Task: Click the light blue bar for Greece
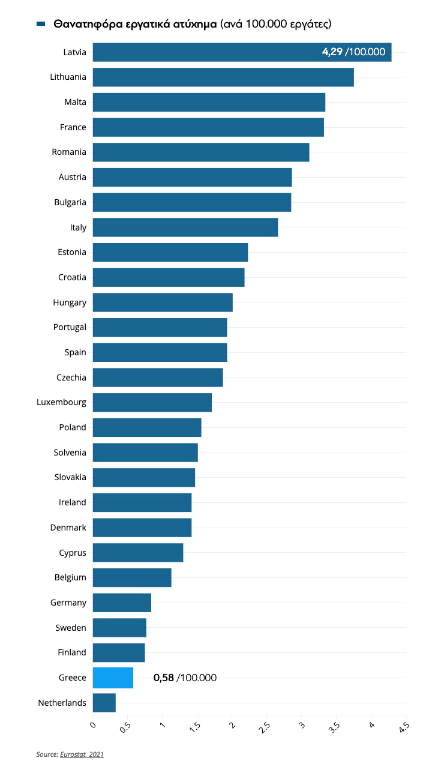click(x=113, y=678)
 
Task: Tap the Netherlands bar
click(x=104, y=703)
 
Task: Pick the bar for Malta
click(x=209, y=102)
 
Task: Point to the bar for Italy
click(x=185, y=227)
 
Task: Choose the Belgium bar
click(x=132, y=577)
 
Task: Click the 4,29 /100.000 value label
click(x=353, y=52)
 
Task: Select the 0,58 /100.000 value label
click(x=185, y=678)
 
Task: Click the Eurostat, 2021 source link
click(x=82, y=754)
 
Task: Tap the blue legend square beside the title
click(x=41, y=24)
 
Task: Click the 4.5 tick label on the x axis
click(x=404, y=728)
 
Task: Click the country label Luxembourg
click(x=61, y=402)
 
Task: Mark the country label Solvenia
click(x=70, y=453)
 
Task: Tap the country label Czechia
click(x=71, y=377)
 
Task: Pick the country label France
click(x=73, y=127)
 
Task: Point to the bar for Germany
click(x=122, y=603)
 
